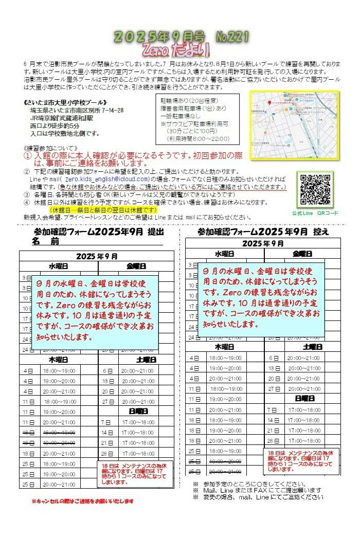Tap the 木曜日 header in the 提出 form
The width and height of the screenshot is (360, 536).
pyautogui.click(x=58, y=359)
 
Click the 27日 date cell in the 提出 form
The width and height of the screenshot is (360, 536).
pyautogui.click(x=108, y=402)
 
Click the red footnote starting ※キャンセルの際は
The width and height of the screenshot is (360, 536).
pyautogui.click(x=83, y=501)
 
